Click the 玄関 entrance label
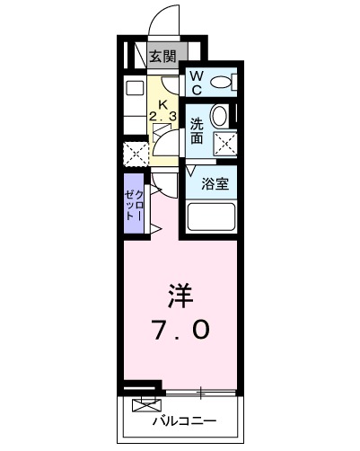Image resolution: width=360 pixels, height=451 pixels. (162, 57)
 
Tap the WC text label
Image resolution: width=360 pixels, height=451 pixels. (196, 83)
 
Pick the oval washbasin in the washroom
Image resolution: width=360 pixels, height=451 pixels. (219, 117)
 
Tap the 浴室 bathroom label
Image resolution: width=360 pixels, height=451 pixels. (214, 185)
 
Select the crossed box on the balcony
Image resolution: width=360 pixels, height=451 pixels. (143, 405)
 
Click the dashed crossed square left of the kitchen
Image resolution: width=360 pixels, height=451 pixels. (136, 153)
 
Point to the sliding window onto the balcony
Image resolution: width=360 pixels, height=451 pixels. (201, 392)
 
